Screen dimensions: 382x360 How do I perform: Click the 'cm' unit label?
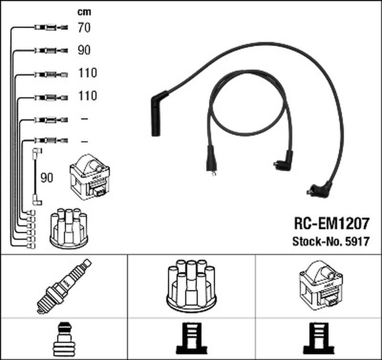84,12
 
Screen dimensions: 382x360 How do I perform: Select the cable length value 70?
84,28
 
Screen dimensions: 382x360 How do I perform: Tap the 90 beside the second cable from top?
84,50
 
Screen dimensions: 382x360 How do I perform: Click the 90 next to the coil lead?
47,178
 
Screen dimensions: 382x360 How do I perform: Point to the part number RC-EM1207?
332,223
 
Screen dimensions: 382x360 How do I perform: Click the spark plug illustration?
64,286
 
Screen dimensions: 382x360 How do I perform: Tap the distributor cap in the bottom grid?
191,286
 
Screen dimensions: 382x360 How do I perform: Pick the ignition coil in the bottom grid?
321,286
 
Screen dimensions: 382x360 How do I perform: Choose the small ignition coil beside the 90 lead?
90,177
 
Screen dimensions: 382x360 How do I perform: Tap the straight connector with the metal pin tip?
211,161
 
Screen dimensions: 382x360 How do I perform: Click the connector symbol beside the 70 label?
51,27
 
